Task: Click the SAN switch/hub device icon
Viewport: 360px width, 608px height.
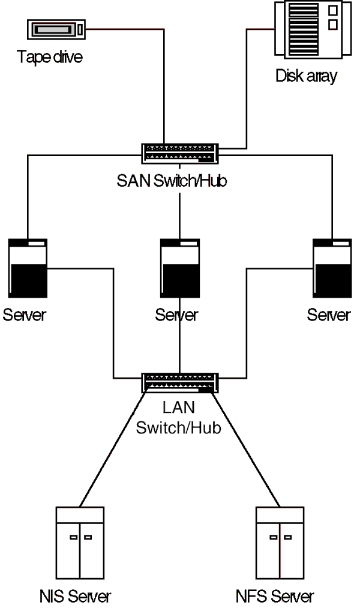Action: coord(181,153)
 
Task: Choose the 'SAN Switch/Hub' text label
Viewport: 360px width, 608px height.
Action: coord(172,181)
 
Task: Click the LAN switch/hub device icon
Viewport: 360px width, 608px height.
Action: coord(181,382)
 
